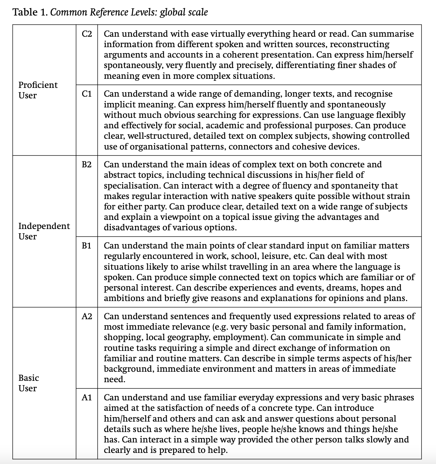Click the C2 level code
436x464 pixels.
click(x=87, y=34)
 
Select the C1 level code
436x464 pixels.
click(x=87, y=94)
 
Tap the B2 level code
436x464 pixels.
click(x=87, y=165)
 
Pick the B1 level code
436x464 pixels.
click(x=87, y=246)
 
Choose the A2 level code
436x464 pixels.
click(x=87, y=317)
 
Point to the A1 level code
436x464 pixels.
click(x=87, y=398)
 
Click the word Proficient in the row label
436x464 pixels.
click(x=38, y=85)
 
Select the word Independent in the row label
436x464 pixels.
click(x=44, y=226)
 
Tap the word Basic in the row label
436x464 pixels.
click(x=29, y=378)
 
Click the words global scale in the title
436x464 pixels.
click(x=184, y=12)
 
